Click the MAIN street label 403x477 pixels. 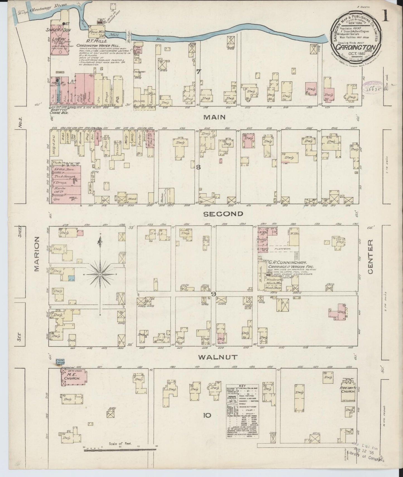click(x=214, y=117)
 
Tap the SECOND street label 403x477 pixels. click(x=223, y=214)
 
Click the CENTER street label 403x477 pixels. click(x=371, y=257)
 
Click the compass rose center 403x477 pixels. click(x=100, y=275)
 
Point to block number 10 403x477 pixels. click(x=207, y=415)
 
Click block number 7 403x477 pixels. click(x=198, y=72)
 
